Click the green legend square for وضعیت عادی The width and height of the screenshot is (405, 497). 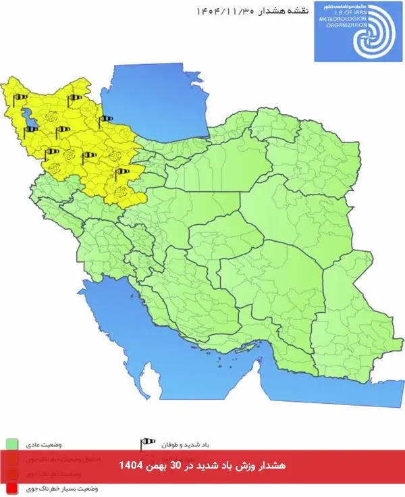(x=11, y=444)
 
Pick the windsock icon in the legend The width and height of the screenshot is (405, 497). (x=147, y=444)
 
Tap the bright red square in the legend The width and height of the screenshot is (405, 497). (x=11, y=486)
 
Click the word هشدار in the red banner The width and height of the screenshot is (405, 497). (x=271, y=466)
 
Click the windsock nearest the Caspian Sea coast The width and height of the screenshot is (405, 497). (x=107, y=120)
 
